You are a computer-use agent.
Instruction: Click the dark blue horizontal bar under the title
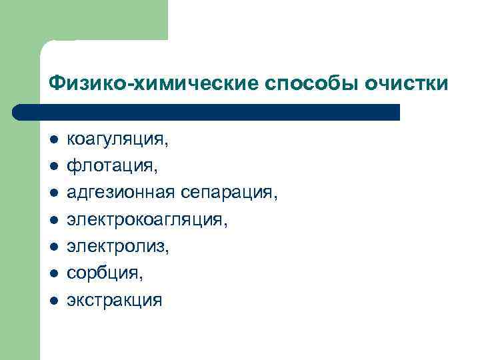[x=207, y=112]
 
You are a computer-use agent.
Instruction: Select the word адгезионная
[x=121, y=193]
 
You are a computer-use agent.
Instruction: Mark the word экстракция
[x=113, y=299]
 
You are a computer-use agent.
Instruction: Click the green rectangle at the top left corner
[x=83, y=20]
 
